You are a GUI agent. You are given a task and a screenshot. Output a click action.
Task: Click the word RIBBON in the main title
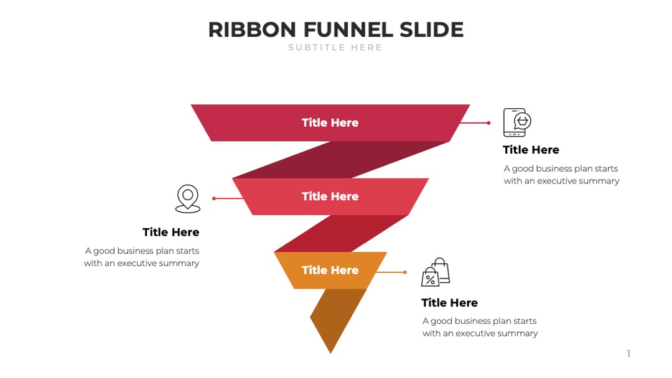pos(252,30)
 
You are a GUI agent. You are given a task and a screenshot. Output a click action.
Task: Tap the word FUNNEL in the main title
pos(348,30)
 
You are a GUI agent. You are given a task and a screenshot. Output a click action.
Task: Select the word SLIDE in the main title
pos(432,30)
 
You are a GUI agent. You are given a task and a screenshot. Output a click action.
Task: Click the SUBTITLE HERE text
pos(335,47)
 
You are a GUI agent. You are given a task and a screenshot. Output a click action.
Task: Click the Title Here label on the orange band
pos(330,270)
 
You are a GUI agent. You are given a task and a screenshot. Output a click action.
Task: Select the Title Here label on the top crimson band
pos(330,123)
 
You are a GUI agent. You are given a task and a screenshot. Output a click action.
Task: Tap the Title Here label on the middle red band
pos(330,196)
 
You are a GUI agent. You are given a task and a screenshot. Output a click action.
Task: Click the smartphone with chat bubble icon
pos(517,122)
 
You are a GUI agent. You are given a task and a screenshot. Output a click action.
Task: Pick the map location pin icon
pos(188,198)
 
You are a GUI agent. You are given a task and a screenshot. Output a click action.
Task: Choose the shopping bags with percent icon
pos(436,272)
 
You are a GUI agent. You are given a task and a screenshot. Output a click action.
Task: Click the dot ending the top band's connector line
pos(488,123)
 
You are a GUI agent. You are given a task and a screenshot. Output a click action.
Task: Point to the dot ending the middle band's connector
pos(214,198)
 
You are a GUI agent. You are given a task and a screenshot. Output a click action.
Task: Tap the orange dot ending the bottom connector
pos(405,272)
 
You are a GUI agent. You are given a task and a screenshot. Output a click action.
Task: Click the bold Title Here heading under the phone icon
pos(531,150)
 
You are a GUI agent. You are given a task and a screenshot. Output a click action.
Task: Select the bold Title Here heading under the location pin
pos(171,232)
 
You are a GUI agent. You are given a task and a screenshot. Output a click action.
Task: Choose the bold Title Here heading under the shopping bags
pos(450,303)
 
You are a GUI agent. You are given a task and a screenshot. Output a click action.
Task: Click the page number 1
pos(628,354)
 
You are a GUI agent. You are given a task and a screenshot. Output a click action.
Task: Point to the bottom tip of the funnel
pos(330,353)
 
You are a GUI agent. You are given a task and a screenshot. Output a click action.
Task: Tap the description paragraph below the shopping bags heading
pos(480,327)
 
